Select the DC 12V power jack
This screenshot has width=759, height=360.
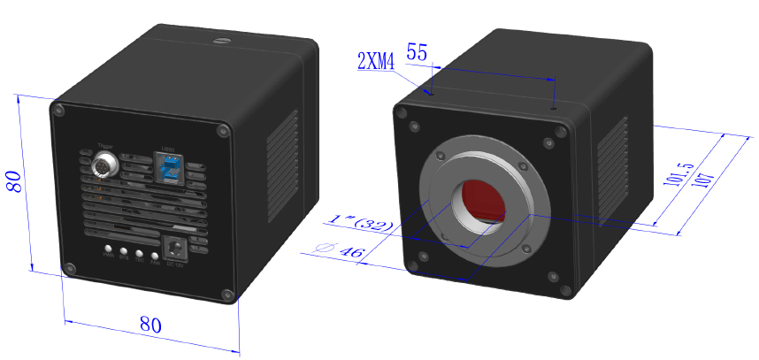[176, 249]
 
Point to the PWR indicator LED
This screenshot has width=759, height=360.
[109, 250]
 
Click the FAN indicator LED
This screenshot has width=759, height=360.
[155, 255]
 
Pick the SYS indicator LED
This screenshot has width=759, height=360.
[124, 252]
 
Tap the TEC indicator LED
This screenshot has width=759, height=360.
[140, 254]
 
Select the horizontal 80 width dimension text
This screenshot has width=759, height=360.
[151, 325]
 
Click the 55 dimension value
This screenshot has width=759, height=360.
[418, 52]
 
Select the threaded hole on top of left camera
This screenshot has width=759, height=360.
[218, 40]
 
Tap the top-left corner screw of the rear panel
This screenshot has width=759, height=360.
[58, 111]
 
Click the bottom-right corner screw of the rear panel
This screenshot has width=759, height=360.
[227, 295]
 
